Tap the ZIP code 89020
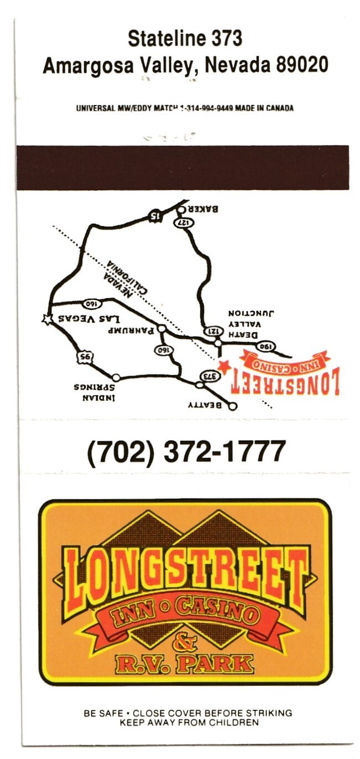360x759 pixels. tap(302, 65)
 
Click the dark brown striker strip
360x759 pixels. tap(182, 167)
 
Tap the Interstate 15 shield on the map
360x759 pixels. tap(155, 215)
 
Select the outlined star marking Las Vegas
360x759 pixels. tap(48, 319)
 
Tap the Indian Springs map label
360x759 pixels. tap(91, 392)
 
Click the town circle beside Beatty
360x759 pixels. tap(232, 406)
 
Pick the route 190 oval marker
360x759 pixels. tap(265, 346)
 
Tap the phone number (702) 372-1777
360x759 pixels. tap(186, 452)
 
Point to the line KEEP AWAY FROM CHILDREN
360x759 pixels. tap(188, 722)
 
